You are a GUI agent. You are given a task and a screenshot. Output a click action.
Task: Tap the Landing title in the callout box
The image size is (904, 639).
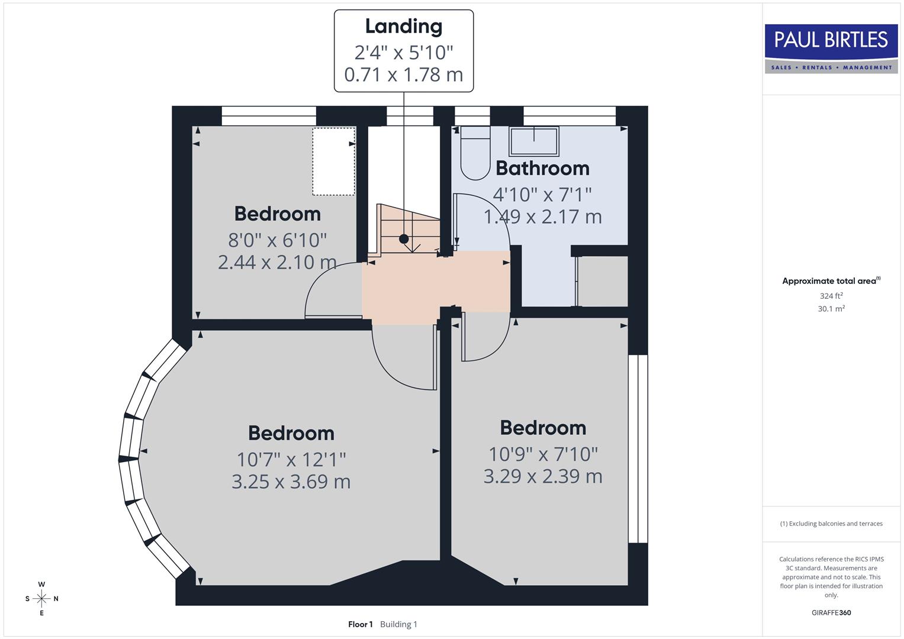(403, 27)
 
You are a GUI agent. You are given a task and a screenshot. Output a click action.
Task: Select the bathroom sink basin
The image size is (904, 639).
(533, 141)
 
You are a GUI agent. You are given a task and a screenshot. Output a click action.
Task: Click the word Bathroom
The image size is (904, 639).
(542, 169)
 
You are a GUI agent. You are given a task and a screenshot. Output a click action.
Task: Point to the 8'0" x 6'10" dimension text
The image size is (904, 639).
(277, 240)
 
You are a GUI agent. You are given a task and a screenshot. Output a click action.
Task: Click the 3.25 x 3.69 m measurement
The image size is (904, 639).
(291, 482)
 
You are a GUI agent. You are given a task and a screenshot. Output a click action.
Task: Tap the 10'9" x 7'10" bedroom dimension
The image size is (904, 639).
(543, 454)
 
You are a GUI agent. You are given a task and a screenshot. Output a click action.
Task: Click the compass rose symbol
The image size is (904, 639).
(41, 599)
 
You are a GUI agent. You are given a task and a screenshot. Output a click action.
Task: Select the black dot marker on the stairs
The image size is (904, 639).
(404, 239)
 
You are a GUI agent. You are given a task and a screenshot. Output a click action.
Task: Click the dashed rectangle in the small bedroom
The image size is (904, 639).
(333, 161)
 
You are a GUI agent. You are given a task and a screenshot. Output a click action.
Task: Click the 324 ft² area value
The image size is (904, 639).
(831, 296)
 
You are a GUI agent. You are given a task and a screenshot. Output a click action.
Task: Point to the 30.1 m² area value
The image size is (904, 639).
(831, 309)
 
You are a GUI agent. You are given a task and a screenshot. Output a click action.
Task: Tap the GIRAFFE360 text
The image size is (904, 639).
(831, 613)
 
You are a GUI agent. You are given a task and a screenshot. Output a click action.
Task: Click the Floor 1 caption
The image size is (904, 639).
(360, 624)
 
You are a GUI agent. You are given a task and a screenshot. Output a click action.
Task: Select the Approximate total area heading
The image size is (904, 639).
(829, 281)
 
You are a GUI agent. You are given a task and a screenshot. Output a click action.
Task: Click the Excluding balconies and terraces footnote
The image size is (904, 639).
(831, 524)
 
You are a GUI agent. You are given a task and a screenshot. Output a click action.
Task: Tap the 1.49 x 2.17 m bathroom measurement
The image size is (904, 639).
(542, 217)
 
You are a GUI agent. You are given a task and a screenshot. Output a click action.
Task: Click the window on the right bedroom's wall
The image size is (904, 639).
(638, 448)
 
